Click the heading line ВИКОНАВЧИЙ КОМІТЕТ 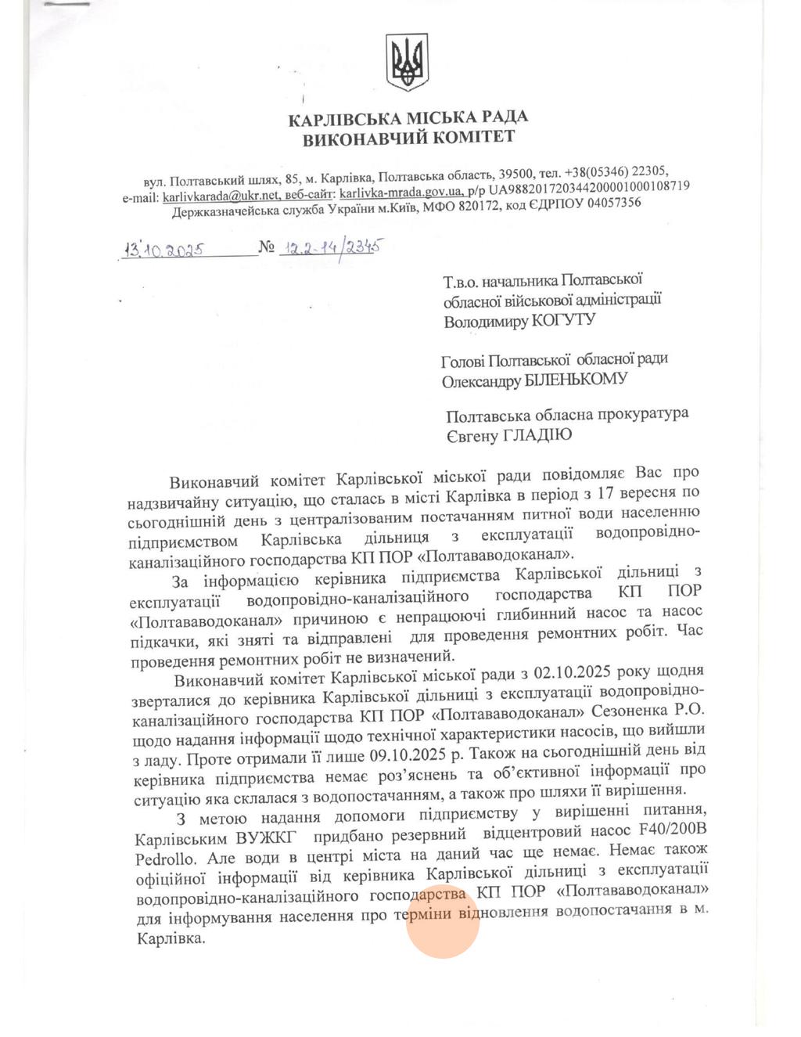408,139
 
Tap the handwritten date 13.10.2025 164,250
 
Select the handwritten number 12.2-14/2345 332,248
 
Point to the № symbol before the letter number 267,248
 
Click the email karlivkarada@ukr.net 221,196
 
